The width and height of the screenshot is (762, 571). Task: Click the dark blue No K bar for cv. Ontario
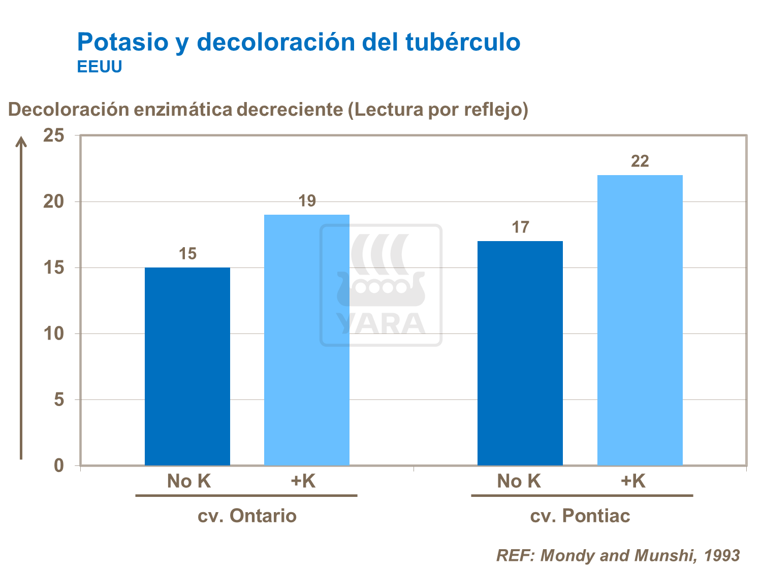pos(187,366)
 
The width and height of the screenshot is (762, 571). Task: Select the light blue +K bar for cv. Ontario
pos(307,340)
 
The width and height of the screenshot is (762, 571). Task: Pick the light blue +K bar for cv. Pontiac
pos(640,320)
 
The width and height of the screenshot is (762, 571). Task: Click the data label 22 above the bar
pos(640,161)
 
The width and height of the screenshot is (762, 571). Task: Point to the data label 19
pos(307,201)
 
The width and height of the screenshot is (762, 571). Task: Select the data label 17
pos(520,227)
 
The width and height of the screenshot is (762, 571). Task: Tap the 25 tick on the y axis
pos(54,136)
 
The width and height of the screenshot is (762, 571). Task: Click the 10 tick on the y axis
pos(54,333)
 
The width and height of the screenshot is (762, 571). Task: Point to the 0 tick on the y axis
pos(59,465)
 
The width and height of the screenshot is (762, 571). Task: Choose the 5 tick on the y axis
pos(59,399)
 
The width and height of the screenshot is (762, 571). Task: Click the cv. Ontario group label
pos(247,516)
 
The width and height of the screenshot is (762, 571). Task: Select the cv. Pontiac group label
pos(580,516)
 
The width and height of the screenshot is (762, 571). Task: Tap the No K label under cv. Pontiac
pos(519,481)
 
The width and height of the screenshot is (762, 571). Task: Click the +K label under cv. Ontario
pos(303,481)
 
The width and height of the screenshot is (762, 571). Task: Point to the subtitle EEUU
pos(100,67)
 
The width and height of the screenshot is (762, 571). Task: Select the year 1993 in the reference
pos(722,555)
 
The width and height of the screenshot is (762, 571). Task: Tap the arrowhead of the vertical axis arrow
pos(21,141)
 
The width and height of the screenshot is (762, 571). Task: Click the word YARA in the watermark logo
pos(381,323)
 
